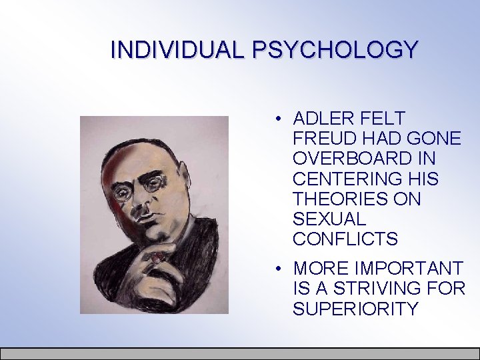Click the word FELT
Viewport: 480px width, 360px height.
point(383,119)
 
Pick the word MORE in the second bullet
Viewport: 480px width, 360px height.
point(320,269)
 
